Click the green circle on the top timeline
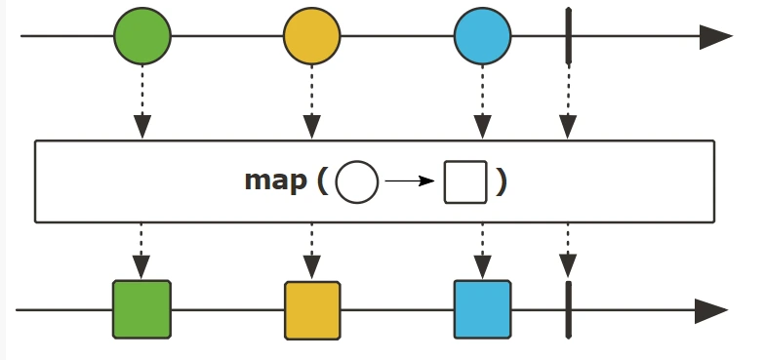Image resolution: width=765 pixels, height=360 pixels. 142,36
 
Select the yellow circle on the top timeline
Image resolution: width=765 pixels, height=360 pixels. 312,36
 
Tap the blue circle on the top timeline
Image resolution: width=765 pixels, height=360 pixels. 482,36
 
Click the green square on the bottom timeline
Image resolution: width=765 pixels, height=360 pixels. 142,309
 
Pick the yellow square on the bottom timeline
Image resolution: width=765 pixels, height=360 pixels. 312,310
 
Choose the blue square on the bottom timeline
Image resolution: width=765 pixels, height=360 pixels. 482,309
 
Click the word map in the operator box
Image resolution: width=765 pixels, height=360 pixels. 275,181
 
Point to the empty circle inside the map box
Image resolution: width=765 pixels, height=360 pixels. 357,181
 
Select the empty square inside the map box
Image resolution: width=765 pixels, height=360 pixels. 465,181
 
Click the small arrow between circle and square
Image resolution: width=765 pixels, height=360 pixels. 410,181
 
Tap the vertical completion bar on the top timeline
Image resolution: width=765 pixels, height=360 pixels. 568,35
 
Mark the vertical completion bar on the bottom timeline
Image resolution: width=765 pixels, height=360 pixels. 568,310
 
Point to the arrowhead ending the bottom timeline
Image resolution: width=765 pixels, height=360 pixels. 711,310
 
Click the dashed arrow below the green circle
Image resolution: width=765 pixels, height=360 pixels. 142,102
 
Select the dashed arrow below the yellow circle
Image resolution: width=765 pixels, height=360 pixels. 312,102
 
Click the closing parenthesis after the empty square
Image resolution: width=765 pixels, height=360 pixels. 502,181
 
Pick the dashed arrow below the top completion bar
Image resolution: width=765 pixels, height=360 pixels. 568,102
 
